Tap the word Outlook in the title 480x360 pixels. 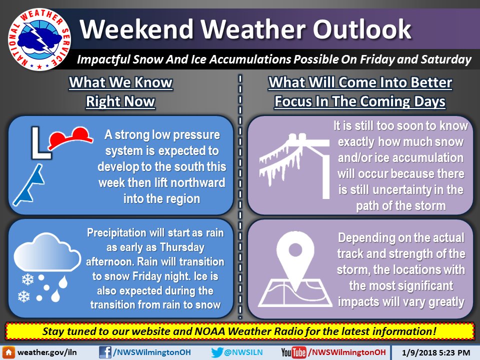click(362, 29)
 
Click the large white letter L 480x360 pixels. click(40, 143)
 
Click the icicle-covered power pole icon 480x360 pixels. click(294, 165)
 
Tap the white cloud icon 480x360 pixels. click(47, 252)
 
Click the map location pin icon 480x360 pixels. click(295, 269)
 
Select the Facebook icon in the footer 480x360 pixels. click(105, 352)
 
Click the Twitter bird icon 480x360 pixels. click(216, 352)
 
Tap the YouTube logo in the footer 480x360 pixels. click(293, 352)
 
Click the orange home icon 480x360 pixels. click(8, 352)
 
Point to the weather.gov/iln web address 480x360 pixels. click(47, 352)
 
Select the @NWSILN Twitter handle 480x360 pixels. click(243, 352)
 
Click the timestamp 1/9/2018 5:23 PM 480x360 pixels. click(436, 352)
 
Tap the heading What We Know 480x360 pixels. click(121, 82)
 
